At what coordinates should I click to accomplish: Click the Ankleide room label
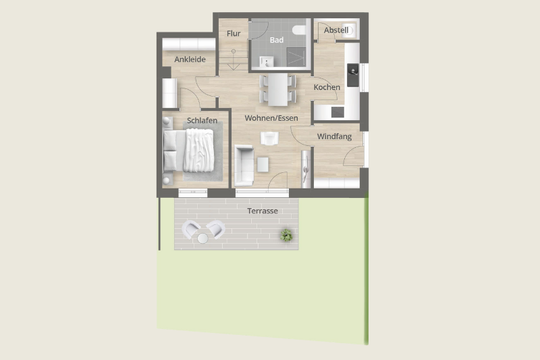point(190,59)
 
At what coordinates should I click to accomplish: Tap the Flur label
point(234,33)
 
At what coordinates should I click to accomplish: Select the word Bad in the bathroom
point(277,40)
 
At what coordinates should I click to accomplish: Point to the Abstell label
point(336,30)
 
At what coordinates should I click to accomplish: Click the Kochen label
point(327,87)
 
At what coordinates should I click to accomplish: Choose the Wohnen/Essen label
point(271,118)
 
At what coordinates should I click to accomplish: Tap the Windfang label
point(334,136)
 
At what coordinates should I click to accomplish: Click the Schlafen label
point(202,121)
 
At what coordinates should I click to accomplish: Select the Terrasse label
point(263,211)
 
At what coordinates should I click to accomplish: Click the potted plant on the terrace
point(286,235)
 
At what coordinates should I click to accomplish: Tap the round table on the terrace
point(202,238)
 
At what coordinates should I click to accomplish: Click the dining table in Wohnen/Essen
point(278,90)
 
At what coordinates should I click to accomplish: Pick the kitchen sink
point(352,75)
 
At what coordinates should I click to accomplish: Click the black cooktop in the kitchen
point(337,112)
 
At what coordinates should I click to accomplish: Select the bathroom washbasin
point(266,62)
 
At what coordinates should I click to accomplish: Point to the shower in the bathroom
point(296,57)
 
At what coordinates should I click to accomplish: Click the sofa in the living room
point(244,165)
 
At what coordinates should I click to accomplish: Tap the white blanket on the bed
point(198,150)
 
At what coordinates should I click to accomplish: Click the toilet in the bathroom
point(299,30)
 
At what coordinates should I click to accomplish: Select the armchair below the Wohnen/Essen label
point(269,138)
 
